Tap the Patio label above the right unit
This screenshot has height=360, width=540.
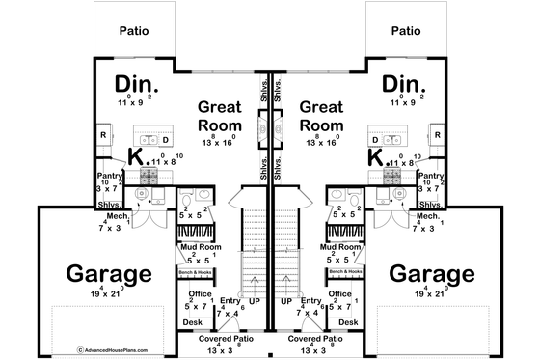(x=407, y=30)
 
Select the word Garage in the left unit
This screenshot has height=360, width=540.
(x=108, y=274)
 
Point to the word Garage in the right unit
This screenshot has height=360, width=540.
(x=431, y=274)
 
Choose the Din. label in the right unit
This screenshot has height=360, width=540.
(x=399, y=84)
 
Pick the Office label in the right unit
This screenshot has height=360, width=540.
(x=339, y=293)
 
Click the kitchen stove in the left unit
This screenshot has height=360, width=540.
(x=149, y=176)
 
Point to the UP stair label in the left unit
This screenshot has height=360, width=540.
(x=254, y=301)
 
